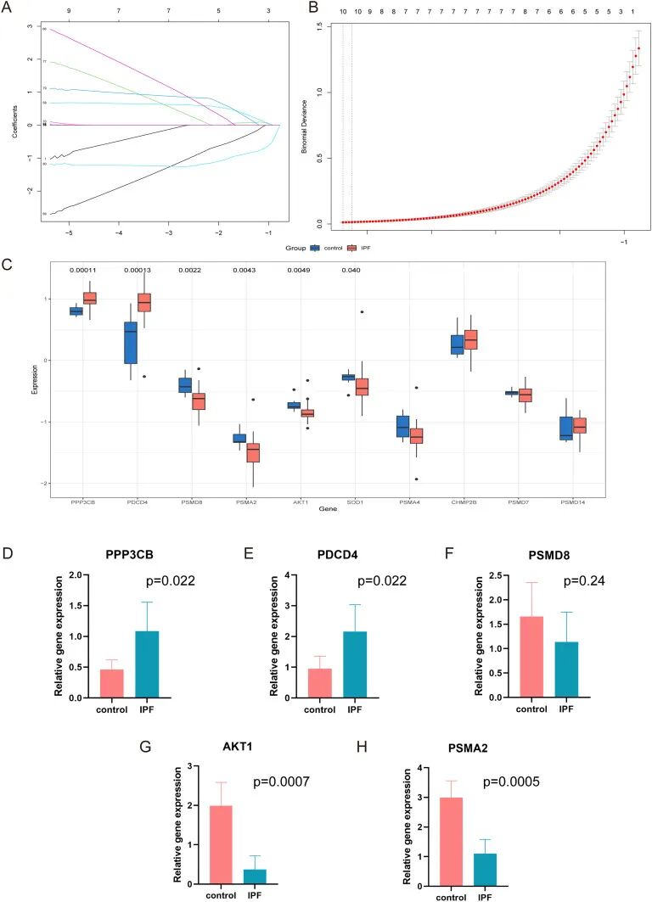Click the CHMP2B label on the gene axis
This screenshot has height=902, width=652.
(x=464, y=502)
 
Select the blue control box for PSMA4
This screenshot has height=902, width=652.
(x=402, y=426)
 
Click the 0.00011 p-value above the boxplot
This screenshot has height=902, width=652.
(x=81, y=270)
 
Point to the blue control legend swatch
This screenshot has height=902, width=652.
(x=315, y=249)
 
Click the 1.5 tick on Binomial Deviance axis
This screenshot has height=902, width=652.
(x=319, y=25)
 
